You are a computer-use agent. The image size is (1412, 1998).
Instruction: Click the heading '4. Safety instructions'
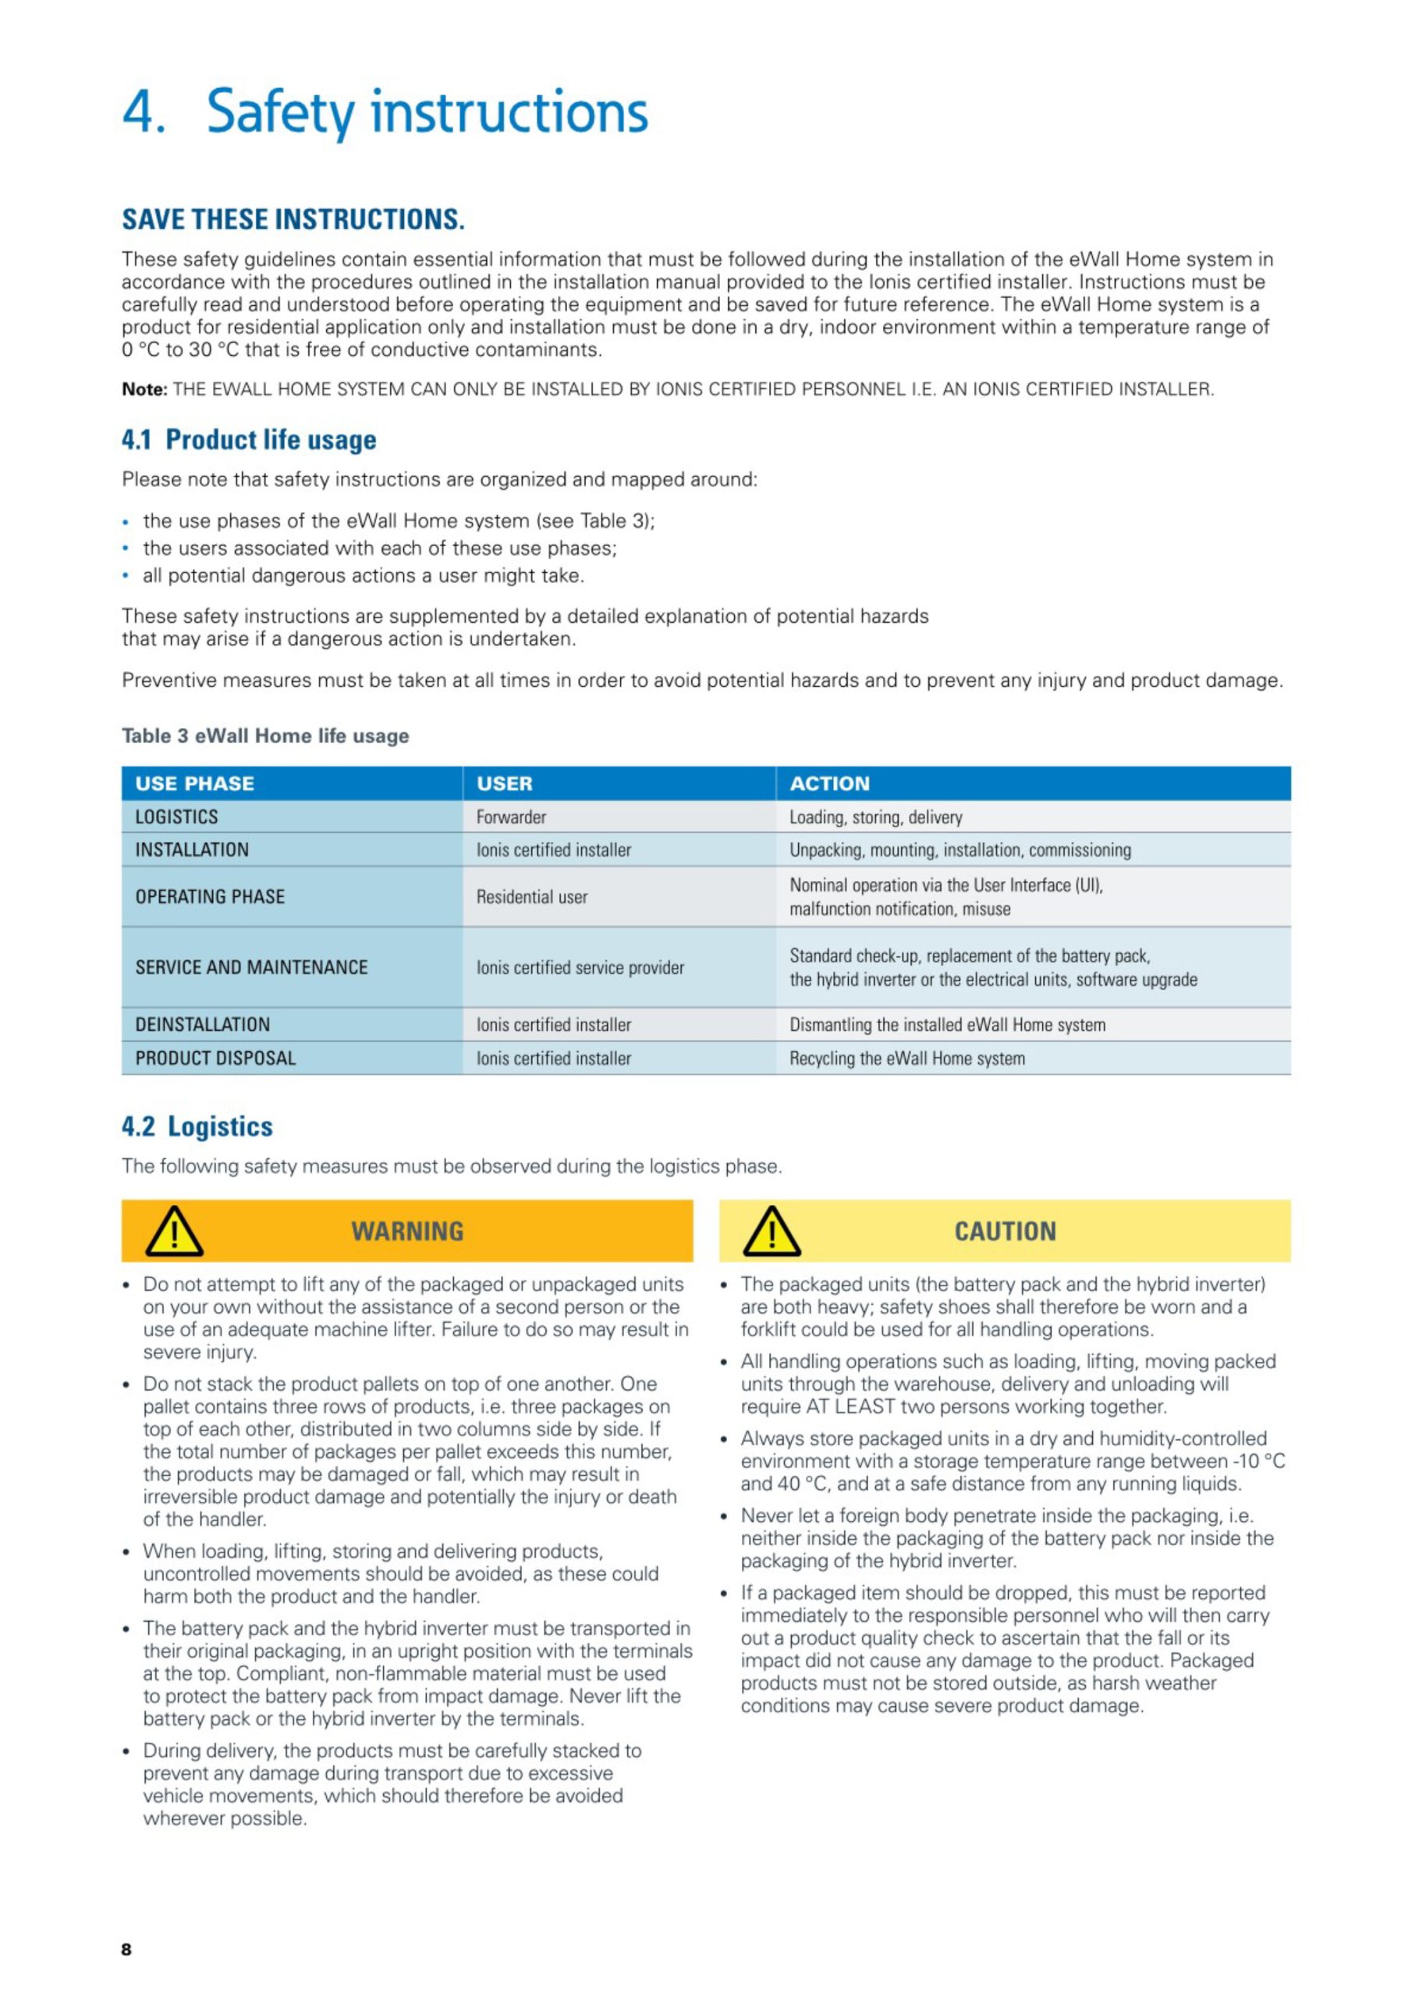pyautogui.click(x=385, y=112)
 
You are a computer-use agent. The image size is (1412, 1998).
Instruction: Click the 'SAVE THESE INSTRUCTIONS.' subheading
pyautogui.click(x=293, y=219)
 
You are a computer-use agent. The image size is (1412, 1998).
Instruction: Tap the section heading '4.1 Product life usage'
pyautogui.click(x=249, y=439)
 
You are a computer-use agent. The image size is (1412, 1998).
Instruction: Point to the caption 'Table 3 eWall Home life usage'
pyautogui.click(x=264, y=735)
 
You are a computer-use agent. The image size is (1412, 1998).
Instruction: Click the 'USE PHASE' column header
pyautogui.click(x=194, y=783)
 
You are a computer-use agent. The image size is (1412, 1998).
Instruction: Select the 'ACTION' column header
pyautogui.click(x=829, y=783)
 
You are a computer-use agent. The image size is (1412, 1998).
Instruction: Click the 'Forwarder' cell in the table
pyautogui.click(x=511, y=817)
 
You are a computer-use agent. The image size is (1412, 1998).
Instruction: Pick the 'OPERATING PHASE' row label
pyautogui.click(x=210, y=896)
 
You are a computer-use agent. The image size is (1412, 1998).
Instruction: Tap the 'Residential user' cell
pyautogui.click(x=531, y=896)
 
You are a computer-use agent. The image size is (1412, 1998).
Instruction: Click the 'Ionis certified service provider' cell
pyautogui.click(x=580, y=967)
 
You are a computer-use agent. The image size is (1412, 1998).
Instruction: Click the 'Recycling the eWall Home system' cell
pyautogui.click(x=906, y=1058)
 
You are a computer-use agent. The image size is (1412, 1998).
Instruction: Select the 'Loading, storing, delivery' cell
pyautogui.click(x=875, y=817)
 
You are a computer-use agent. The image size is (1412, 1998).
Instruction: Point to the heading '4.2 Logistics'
pyautogui.click(x=197, y=1126)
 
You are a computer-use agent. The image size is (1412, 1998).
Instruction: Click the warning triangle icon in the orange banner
pyautogui.click(x=174, y=1232)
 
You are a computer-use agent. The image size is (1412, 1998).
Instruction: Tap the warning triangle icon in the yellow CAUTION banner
pyautogui.click(x=771, y=1232)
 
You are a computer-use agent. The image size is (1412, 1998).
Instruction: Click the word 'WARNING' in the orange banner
pyautogui.click(x=407, y=1232)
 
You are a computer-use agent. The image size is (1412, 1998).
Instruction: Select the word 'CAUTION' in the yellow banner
pyautogui.click(x=1005, y=1232)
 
